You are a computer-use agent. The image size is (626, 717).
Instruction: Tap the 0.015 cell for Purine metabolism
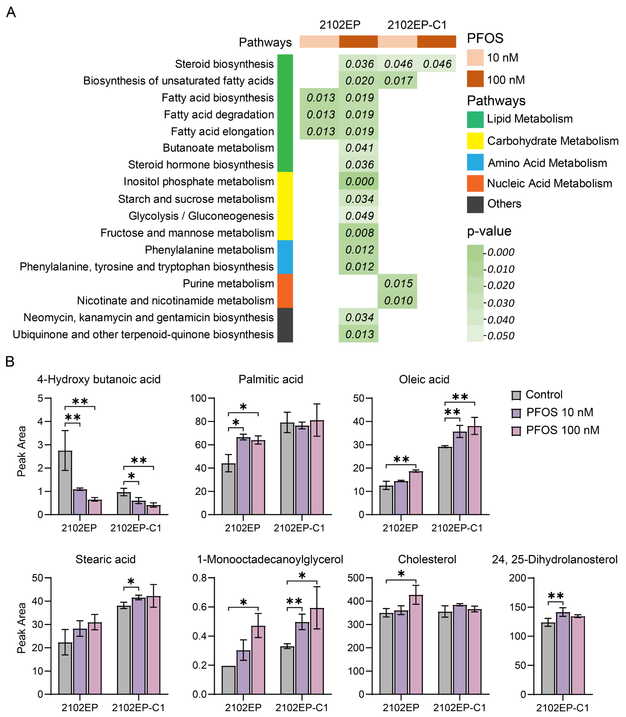point(398,283)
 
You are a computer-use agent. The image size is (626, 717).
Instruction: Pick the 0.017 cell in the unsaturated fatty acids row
point(398,81)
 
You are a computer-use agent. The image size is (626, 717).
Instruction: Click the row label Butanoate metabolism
point(218,148)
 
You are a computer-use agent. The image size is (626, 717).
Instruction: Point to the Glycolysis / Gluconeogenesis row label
point(201,216)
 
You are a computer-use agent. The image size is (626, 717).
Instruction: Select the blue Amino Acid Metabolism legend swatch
point(475,162)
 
